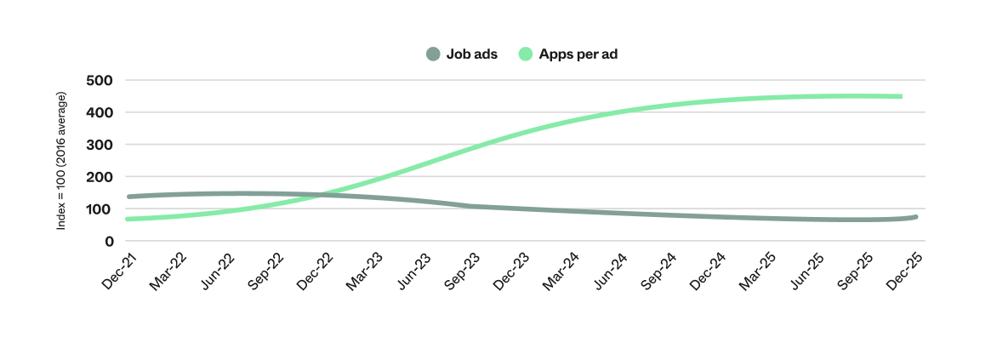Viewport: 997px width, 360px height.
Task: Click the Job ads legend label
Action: [472, 54]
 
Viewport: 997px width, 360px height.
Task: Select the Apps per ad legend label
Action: [578, 54]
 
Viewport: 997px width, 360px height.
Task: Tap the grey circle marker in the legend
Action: [433, 54]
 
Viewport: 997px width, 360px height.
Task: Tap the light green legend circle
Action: [526, 54]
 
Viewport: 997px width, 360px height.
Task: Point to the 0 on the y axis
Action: [110, 242]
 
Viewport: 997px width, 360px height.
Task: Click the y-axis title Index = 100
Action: [61, 161]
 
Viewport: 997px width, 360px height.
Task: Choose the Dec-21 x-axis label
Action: [119, 269]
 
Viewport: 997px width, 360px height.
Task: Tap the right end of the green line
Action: [900, 96]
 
